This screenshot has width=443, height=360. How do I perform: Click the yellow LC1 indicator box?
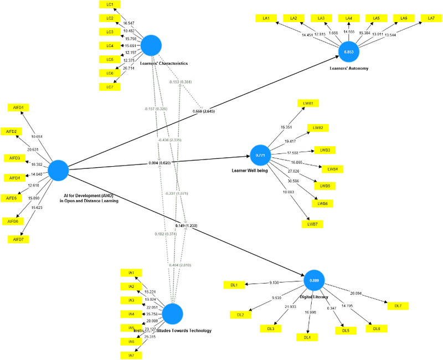[109, 4]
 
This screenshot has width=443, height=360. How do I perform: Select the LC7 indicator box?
[109, 87]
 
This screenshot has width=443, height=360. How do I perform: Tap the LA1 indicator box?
[266, 18]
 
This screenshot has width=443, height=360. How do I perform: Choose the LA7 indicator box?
[431, 18]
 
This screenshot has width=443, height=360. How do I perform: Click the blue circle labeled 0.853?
[348, 52]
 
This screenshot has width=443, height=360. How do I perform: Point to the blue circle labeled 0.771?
[260, 156]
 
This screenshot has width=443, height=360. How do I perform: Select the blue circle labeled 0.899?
[314, 281]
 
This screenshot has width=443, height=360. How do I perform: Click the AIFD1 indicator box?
[18, 107]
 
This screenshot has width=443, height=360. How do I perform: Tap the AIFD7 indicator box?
[18, 239]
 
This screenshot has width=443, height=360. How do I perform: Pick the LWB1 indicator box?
[308, 103]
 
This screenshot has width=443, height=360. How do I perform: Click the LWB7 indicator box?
[312, 224]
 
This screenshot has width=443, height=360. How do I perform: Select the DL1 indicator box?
[234, 285]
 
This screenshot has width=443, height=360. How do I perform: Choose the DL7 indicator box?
[398, 306]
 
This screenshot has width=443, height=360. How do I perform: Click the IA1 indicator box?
[131, 272]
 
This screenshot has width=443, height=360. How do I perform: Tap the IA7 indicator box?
[131, 355]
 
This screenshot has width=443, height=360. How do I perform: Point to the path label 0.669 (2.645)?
[204, 111]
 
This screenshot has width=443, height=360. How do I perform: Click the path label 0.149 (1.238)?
[186, 226]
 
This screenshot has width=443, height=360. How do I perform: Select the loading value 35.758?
[151, 314]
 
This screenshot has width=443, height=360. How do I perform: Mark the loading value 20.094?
[356, 293]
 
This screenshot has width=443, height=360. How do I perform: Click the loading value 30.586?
[293, 181]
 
